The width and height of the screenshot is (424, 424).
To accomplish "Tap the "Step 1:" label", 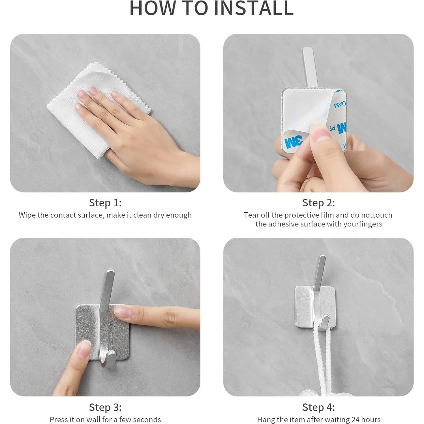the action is pos(105,203).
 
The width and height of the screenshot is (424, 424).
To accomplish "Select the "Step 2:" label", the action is pos(318,203).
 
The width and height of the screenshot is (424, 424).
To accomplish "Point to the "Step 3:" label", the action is pos(105,407).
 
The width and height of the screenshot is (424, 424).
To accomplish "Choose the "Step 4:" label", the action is pos(318,407).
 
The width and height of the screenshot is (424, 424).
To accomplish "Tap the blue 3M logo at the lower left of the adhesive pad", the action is pos(294,142).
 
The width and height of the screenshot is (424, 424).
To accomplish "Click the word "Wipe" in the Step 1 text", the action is pos(27,215).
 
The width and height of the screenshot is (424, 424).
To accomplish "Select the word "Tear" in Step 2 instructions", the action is pos(251,215).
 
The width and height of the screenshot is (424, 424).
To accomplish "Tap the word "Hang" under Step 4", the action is pos(265,419).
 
